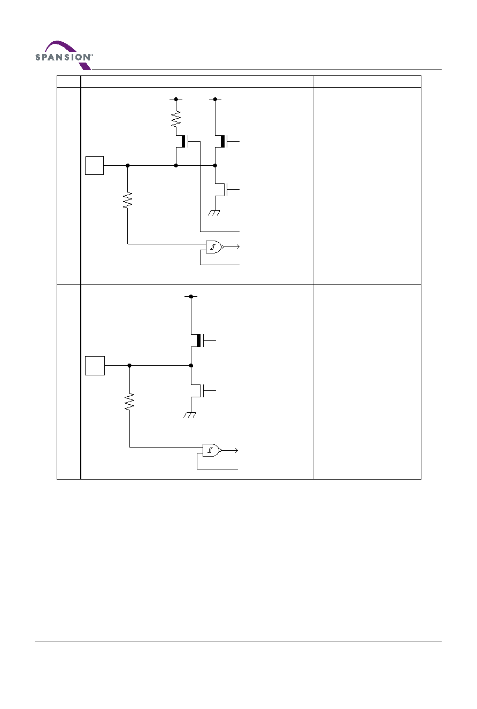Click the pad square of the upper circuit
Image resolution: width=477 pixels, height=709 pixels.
click(94, 165)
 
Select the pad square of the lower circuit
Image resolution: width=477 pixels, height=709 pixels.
click(95, 366)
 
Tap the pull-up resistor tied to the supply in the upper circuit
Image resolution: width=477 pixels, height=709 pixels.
click(176, 119)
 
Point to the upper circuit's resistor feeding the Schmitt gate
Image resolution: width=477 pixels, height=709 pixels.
click(128, 200)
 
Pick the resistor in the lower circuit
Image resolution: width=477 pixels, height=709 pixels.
click(129, 402)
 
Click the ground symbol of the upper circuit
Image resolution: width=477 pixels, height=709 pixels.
click(214, 213)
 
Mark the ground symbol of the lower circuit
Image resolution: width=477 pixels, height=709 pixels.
click(190, 414)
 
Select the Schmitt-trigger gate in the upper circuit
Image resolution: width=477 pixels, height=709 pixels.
click(214, 247)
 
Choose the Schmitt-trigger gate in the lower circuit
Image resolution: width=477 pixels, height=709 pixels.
click(211, 450)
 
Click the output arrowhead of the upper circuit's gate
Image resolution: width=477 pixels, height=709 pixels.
click(238, 247)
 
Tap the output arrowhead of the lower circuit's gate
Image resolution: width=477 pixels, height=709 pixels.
click(236, 450)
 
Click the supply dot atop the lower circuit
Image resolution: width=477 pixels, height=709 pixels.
click(191, 297)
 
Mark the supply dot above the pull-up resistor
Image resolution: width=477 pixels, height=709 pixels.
click(176, 99)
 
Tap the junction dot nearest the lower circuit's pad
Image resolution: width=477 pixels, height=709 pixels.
click(129, 366)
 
